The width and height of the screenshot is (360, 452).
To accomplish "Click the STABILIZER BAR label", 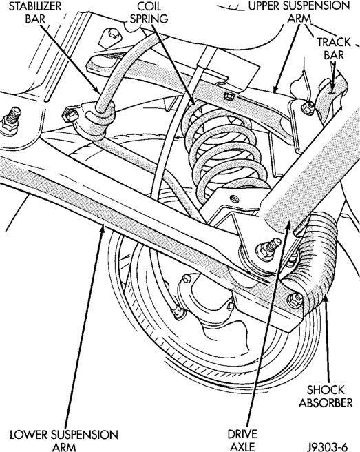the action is coord(35,12).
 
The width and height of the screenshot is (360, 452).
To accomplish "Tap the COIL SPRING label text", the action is coord(149,12).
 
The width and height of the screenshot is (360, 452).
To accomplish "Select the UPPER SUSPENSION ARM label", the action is coord(299,12).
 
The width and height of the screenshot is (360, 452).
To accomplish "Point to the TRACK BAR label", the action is coord(334,48).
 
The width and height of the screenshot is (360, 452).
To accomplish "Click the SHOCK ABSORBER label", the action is coord(326,396).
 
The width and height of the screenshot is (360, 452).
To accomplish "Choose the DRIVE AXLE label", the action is coord(242,440).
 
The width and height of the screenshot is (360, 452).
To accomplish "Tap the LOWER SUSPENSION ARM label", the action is coord(64,440).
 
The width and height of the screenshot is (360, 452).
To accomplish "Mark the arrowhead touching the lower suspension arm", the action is coord(102,229).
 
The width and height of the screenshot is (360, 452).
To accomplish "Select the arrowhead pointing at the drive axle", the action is coord(288,224).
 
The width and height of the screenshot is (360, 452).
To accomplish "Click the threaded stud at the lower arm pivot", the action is coord(268,247).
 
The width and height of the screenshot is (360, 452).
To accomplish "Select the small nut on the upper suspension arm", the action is coord(229,95).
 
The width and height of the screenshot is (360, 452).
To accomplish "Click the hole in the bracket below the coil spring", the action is coord(234,198).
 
